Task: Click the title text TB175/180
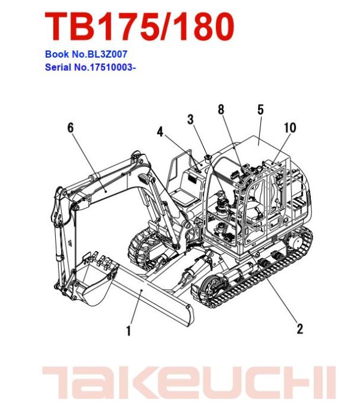click(139, 27)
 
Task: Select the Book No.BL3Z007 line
click(86, 54)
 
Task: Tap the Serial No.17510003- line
click(90, 66)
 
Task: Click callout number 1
click(129, 329)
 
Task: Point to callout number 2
click(299, 328)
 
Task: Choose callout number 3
click(190, 120)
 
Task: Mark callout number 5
click(260, 109)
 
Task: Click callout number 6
click(70, 127)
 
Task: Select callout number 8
click(221, 109)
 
